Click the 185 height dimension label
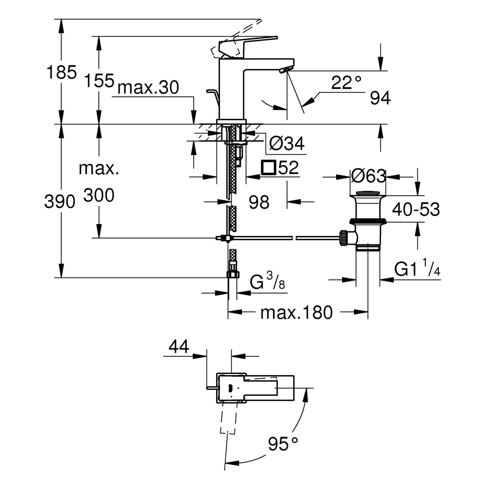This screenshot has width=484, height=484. pyautogui.click(x=61, y=73)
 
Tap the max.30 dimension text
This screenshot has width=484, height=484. pyautogui.click(x=149, y=87)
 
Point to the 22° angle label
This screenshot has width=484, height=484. pyautogui.click(x=346, y=83)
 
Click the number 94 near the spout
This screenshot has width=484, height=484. pyautogui.click(x=380, y=98)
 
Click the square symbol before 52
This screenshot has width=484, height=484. pyautogui.click(x=268, y=167)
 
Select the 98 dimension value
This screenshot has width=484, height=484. pyautogui.click(x=259, y=203)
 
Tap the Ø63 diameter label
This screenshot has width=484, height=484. pyautogui.click(x=368, y=176)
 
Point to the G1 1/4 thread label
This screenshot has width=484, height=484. pyautogui.click(x=417, y=270)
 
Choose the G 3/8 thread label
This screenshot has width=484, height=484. pyautogui.click(x=267, y=283)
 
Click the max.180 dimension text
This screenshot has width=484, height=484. pyautogui.click(x=296, y=313)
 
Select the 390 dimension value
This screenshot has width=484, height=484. pyautogui.click(x=59, y=202)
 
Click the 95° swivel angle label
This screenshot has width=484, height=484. pyautogui.click(x=283, y=444)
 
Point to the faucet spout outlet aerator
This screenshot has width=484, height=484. pyautogui.click(x=285, y=70)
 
